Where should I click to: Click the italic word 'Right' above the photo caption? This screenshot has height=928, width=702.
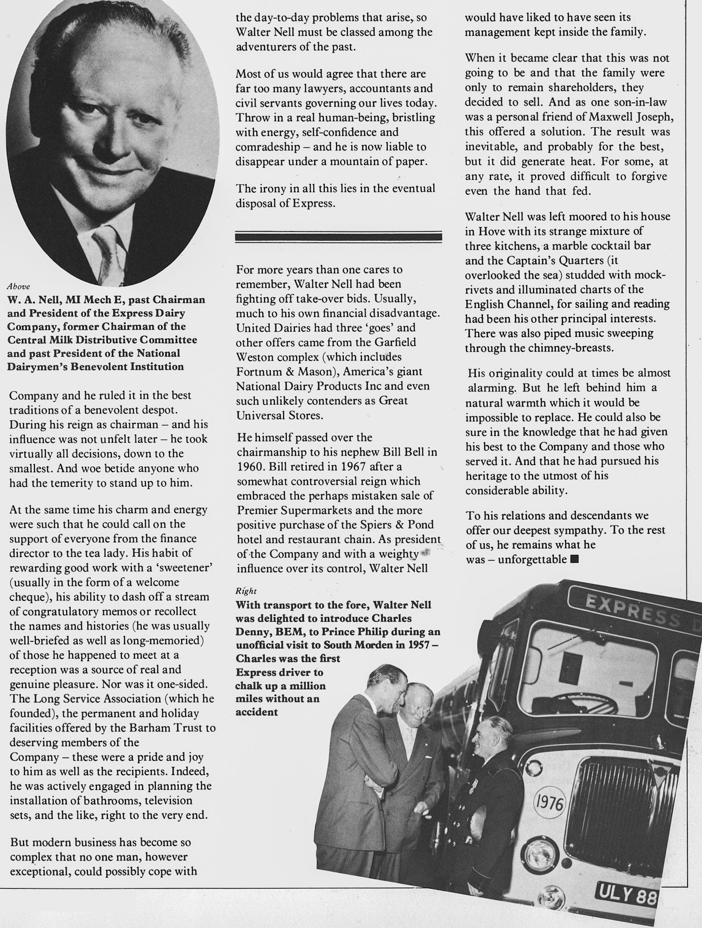pos(246,591)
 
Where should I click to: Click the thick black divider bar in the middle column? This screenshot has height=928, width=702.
pos(338,237)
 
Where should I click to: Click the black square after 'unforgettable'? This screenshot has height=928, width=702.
pos(575,559)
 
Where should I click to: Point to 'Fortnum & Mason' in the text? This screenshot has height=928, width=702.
pos(284,372)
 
